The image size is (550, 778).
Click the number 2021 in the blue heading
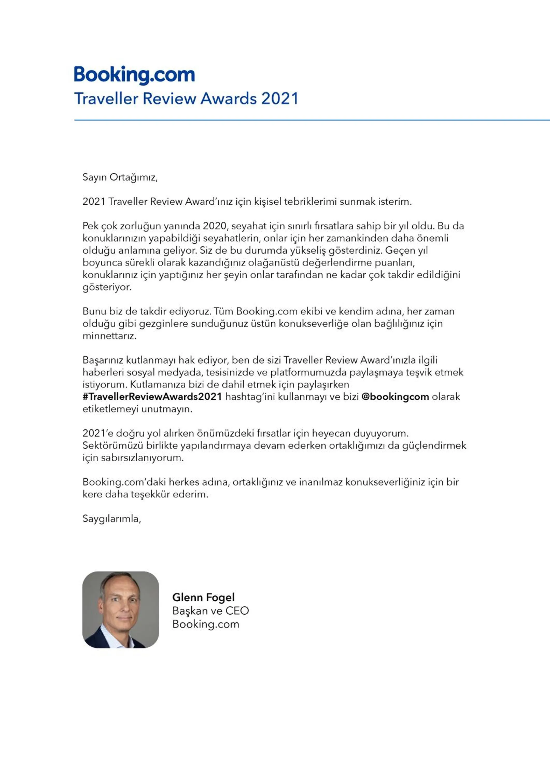coord(280,99)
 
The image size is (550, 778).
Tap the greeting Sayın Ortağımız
coord(120,177)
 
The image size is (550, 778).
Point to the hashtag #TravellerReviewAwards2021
coord(152,397)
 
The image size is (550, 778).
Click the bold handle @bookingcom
coord(395,397)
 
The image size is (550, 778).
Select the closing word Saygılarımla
coord(111,519)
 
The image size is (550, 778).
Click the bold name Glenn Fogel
coord(203,597)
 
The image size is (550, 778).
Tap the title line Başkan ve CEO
coord(210,611)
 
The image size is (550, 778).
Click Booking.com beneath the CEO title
coord(206,624)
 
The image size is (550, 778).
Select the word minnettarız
coord(109,336)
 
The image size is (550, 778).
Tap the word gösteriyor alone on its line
coord(107,287)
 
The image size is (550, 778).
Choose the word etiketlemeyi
coord(110,409)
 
